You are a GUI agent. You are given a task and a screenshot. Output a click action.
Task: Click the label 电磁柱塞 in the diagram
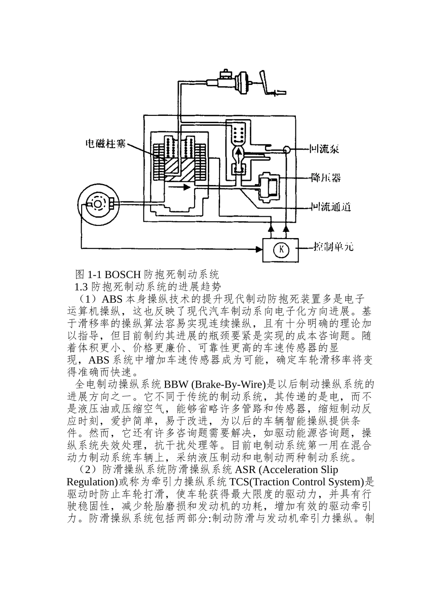106,144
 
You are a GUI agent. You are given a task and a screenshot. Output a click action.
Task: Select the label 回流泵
324,149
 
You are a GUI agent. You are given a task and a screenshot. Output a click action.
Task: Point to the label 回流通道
331,207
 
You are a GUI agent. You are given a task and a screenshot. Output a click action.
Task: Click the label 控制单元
333,248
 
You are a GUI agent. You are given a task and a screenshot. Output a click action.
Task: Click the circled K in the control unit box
281,249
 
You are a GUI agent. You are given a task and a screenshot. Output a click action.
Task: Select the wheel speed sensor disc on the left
98,204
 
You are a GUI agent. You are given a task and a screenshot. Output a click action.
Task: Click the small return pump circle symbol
286,149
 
